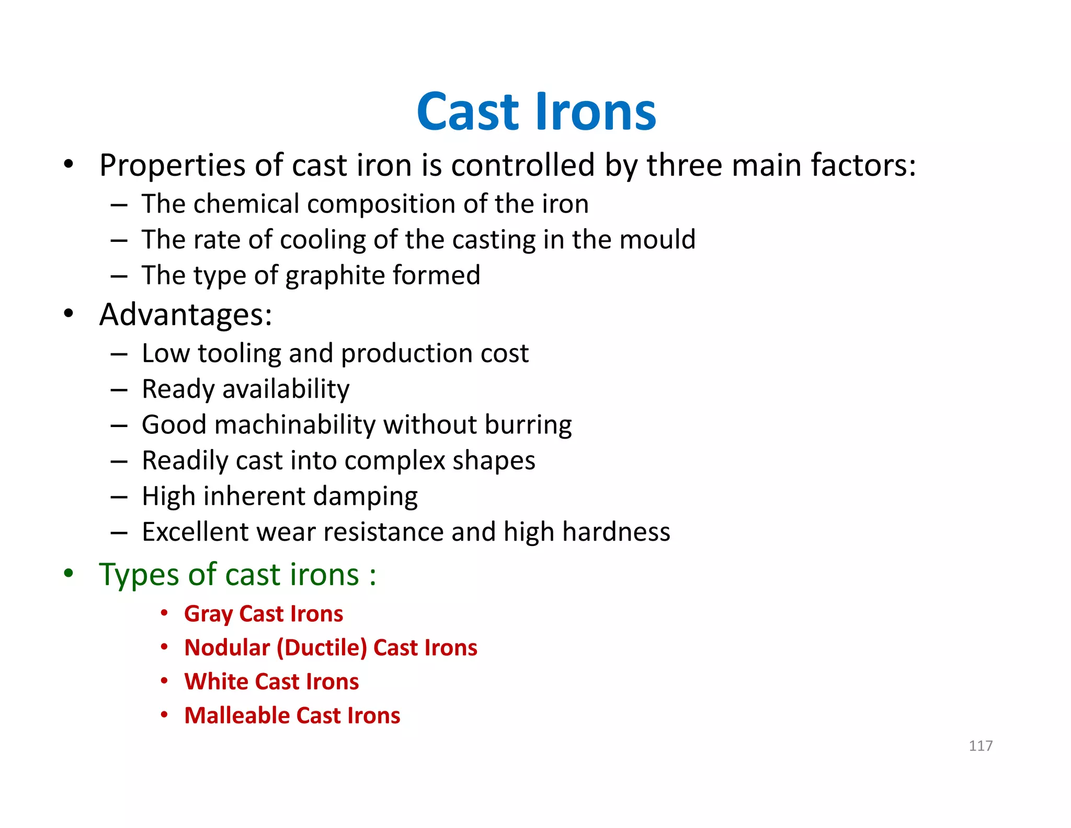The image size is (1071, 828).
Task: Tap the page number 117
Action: pos(981,746)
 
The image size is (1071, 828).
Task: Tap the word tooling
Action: pos(240,354)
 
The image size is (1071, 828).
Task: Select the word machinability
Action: pos(295,425)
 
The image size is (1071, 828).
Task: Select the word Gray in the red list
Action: pos(208,614)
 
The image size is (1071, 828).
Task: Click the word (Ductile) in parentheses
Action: pos(322,648)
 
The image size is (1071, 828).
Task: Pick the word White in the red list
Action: pos(217,682)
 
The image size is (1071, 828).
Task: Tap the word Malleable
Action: pos(237,715)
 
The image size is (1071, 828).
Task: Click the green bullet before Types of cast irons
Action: pos(69,574)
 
